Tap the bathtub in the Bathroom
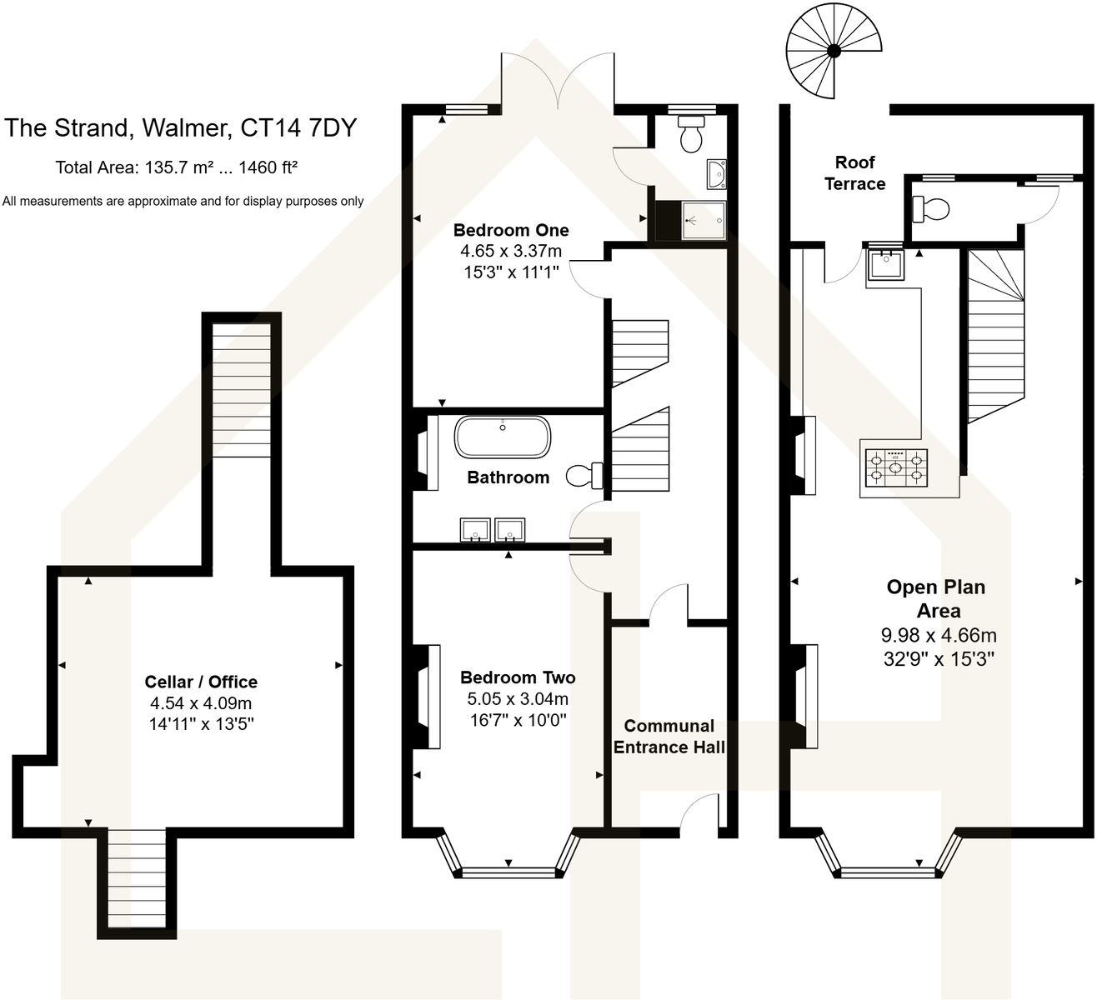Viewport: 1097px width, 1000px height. click(502, 437)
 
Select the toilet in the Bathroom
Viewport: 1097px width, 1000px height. click(584, 476)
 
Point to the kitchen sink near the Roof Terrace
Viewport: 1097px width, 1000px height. click(882, 265)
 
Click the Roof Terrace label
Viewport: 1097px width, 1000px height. click(854, 173)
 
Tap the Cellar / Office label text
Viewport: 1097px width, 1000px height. click(201, 682)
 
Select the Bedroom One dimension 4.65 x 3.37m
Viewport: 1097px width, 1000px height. click(511, 251)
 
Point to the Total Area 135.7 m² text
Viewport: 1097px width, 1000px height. click(176, 167)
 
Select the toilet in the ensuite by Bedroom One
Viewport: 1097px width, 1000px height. click(691, 134)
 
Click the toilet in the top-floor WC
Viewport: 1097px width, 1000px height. click(930, 208)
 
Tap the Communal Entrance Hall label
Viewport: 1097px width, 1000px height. click(669, 737)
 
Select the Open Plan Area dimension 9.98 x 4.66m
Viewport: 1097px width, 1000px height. click(939, 635)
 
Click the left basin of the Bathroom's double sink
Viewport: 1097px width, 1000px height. click(475, 529)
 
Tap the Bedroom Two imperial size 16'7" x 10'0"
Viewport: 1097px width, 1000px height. click(518, 720)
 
